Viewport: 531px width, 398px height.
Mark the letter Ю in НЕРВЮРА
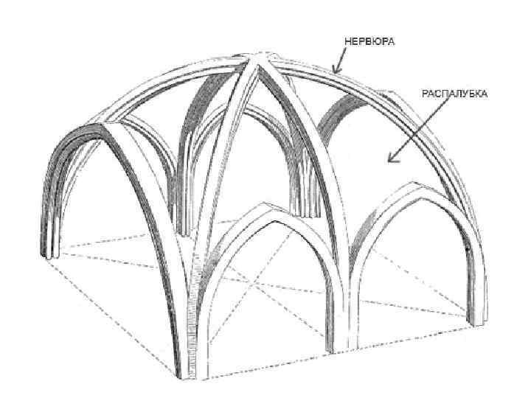[376, 41]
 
